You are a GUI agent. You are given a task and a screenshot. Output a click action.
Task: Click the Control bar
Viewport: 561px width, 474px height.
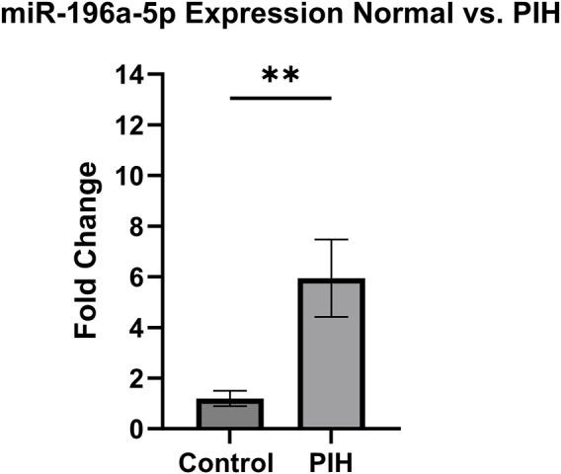tap(228, 415)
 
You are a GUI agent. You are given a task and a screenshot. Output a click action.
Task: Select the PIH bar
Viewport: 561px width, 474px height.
tap(327, 355)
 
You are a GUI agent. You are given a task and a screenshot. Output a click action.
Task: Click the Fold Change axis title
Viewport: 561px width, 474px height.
tap(89, 252)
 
